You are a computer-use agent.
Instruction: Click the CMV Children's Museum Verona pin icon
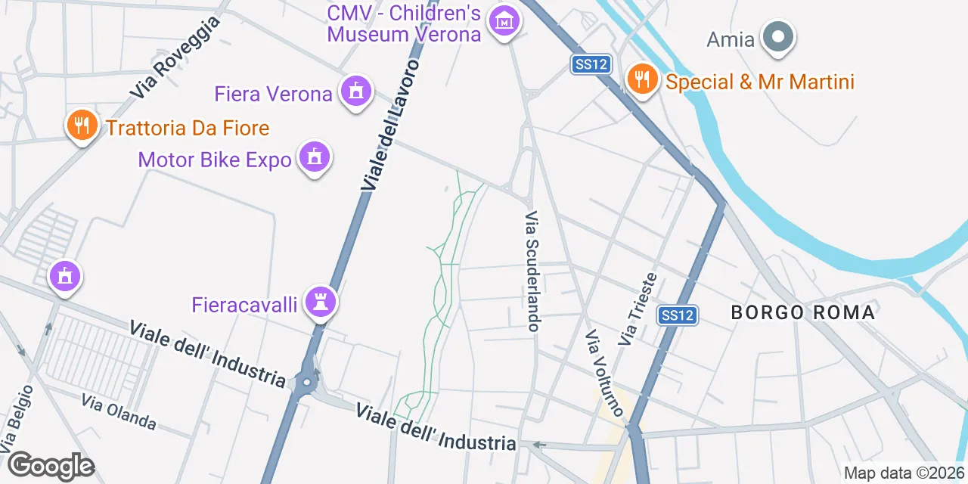coord(504,22)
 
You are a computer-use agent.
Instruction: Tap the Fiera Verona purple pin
coord(355,92)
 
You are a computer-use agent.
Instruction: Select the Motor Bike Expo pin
coord(314,157)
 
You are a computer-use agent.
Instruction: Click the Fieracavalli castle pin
coord(321,303)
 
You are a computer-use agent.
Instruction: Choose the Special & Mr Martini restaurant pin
coord(642,79)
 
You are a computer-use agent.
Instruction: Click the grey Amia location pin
coord(777,37)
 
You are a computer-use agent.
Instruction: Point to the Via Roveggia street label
coord(175,57)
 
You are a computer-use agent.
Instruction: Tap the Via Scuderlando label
coord(532,271)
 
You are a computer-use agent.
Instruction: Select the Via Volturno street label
coord(605,373)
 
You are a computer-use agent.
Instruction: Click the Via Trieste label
coord(637,310)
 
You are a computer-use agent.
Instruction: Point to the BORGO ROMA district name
coord(802,312)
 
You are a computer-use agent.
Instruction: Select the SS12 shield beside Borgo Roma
coord(676,315)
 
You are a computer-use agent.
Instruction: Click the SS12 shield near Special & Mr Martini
coord(591,64)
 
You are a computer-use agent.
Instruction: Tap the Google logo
coord(51,467)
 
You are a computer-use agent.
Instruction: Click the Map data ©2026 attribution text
coord(904,473)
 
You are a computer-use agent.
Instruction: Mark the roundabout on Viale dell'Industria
coord(306,383)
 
